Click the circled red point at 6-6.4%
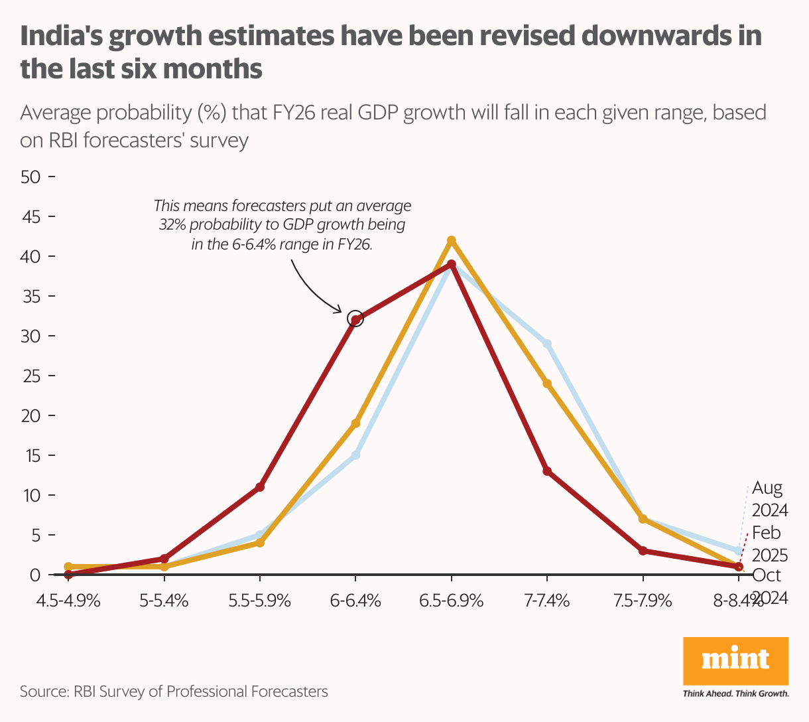coord(356,320)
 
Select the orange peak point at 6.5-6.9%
coord(452,240)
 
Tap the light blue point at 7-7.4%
coord(547,344)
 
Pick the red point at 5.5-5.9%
coord(260,487)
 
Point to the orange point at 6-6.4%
coord(356,423)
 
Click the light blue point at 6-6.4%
coord(356,455)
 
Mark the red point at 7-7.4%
coord(547,471)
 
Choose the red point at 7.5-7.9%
coord(643,551)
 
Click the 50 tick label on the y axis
coord(31,177)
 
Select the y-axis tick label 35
coord(31,296)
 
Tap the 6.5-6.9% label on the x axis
coord(452,601)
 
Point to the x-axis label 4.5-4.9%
coord(69,601)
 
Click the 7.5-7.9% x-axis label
coord(643,601)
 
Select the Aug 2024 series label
coord(769,499)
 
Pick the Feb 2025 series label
coord(769,543)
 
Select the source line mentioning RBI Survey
coord(174,691)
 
